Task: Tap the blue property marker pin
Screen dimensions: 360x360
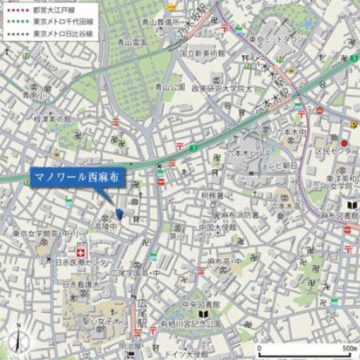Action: (119, 213)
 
